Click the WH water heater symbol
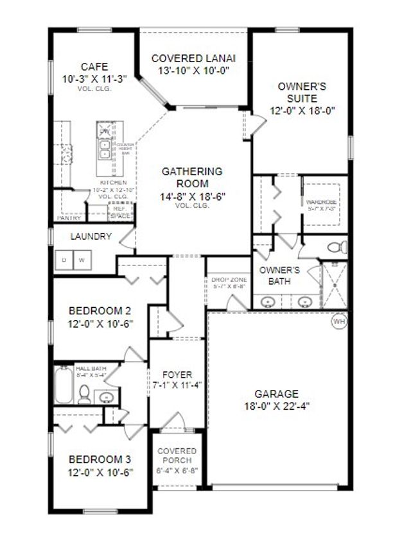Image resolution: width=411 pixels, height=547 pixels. point(338,321)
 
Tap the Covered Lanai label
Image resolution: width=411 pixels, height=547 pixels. point(191,58)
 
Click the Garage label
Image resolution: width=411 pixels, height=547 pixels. point(276,394)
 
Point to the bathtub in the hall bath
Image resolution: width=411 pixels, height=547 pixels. point(63,385)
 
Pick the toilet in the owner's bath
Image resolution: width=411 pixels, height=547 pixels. point(335,247)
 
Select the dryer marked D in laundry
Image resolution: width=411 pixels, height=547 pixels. point(64,260)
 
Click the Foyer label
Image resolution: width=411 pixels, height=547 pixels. point(178,374)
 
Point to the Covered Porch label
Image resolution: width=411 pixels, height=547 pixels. point(177,456)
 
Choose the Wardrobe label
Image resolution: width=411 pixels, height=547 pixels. point(322,202)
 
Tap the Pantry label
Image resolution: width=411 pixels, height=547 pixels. point(68,218)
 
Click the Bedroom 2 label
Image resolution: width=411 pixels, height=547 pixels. point(100,311)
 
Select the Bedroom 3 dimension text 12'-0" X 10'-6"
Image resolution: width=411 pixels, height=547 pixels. point(100,473)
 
